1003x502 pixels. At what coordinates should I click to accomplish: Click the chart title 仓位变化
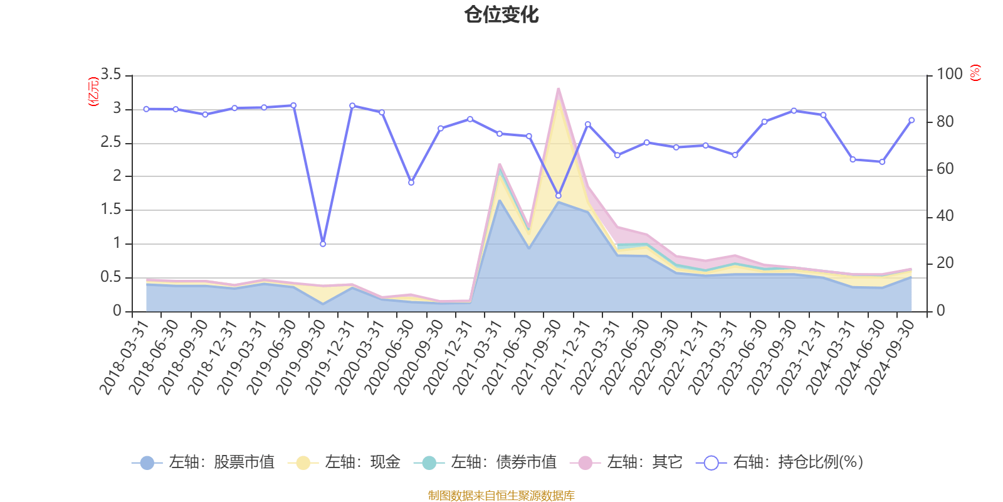501,14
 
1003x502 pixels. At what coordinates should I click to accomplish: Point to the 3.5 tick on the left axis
111,75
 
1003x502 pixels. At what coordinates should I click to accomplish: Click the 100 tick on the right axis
950,74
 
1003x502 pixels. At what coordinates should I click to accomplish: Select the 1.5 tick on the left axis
111,210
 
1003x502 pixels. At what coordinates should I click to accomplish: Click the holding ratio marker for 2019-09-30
323,244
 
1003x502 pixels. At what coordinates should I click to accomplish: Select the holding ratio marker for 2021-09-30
559,196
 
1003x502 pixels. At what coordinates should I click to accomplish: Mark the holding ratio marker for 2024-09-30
911,120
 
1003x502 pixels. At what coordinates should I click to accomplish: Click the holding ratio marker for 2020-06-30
411,183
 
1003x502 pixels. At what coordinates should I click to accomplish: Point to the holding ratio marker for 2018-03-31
146,109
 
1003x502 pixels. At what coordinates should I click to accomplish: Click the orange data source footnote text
501,496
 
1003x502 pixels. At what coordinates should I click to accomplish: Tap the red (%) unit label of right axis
975,73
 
